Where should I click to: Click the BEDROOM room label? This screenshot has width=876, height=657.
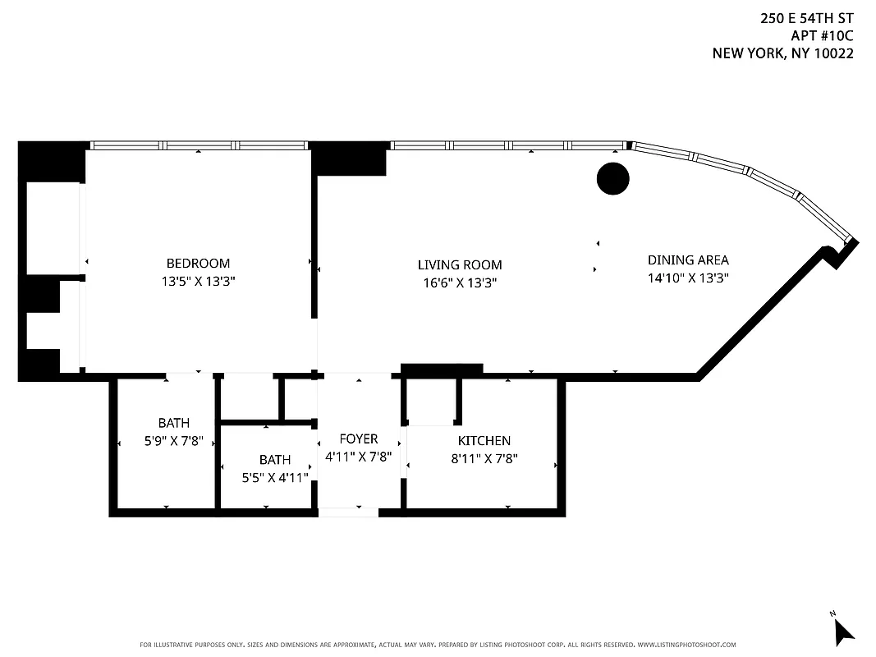[198, 264]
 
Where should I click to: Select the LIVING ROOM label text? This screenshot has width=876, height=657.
[460, 265]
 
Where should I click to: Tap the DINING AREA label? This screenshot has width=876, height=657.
[688, 260]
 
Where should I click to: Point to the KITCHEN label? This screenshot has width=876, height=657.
[484, 441]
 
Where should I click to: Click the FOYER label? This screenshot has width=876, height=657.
[359, 439]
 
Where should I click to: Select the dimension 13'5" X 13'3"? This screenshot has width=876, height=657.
[198, 281]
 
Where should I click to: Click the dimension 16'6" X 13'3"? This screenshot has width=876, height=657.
[460, 283]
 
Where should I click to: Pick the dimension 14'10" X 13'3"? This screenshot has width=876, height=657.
[688, 278]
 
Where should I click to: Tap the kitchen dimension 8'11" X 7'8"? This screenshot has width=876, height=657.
[484, 459]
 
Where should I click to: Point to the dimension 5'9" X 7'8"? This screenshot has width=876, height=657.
[173, 441]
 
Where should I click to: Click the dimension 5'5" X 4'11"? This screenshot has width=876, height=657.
[275, 477]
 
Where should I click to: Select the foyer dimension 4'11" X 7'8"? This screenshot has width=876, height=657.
[359, 457]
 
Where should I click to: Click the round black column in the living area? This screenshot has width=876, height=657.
[612, 179]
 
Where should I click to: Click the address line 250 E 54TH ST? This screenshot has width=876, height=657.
[807, 17]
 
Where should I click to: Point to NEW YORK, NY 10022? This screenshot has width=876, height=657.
[782, 53]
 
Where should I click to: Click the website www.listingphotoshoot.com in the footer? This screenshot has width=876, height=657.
[686, 645]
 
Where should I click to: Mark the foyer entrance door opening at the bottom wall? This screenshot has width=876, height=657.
[348, 512]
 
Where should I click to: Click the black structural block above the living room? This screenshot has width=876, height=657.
[349, 159]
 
